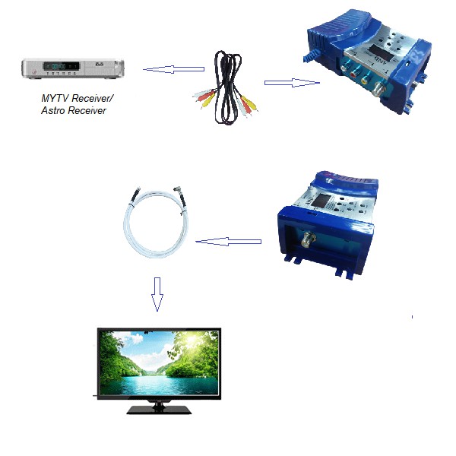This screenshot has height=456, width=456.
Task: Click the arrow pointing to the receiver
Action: click(x=173, y=71)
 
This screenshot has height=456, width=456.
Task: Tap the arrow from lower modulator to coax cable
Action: click(x=228, y=242)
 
